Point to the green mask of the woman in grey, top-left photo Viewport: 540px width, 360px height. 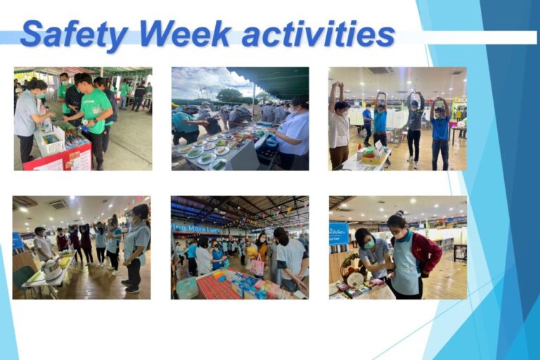click(41, 95)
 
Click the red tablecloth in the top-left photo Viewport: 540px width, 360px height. click(56, 160)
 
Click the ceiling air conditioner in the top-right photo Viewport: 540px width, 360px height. click(380, 71)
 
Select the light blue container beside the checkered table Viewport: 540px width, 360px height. click(186, 287)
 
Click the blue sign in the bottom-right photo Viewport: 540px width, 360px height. click(339, 233)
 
